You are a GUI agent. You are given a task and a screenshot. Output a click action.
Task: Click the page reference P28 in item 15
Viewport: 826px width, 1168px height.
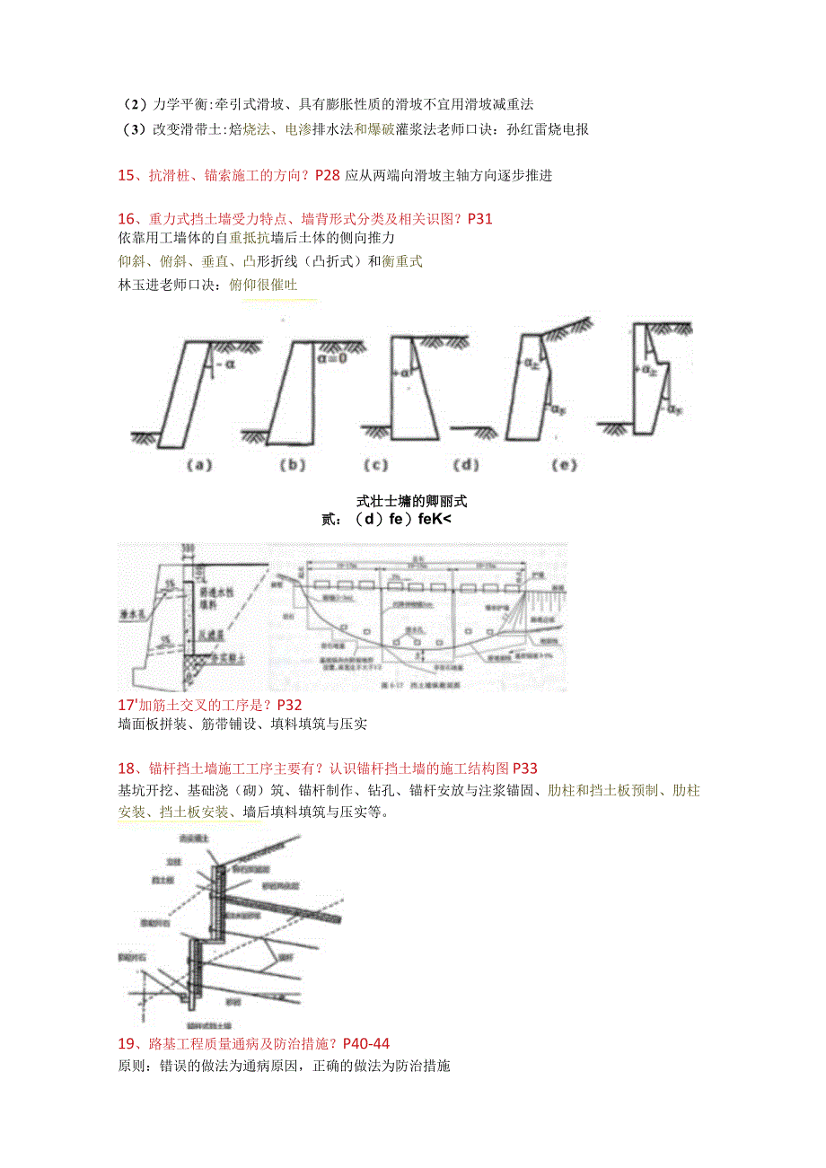tap(328, 175)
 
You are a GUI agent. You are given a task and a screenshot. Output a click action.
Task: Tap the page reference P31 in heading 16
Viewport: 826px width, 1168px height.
tap(477, 218)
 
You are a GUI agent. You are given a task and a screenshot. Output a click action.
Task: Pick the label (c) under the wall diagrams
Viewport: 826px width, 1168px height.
tap(375, 465)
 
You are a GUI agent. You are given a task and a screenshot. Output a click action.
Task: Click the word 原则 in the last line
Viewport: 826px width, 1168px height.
tap(132, 1066)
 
